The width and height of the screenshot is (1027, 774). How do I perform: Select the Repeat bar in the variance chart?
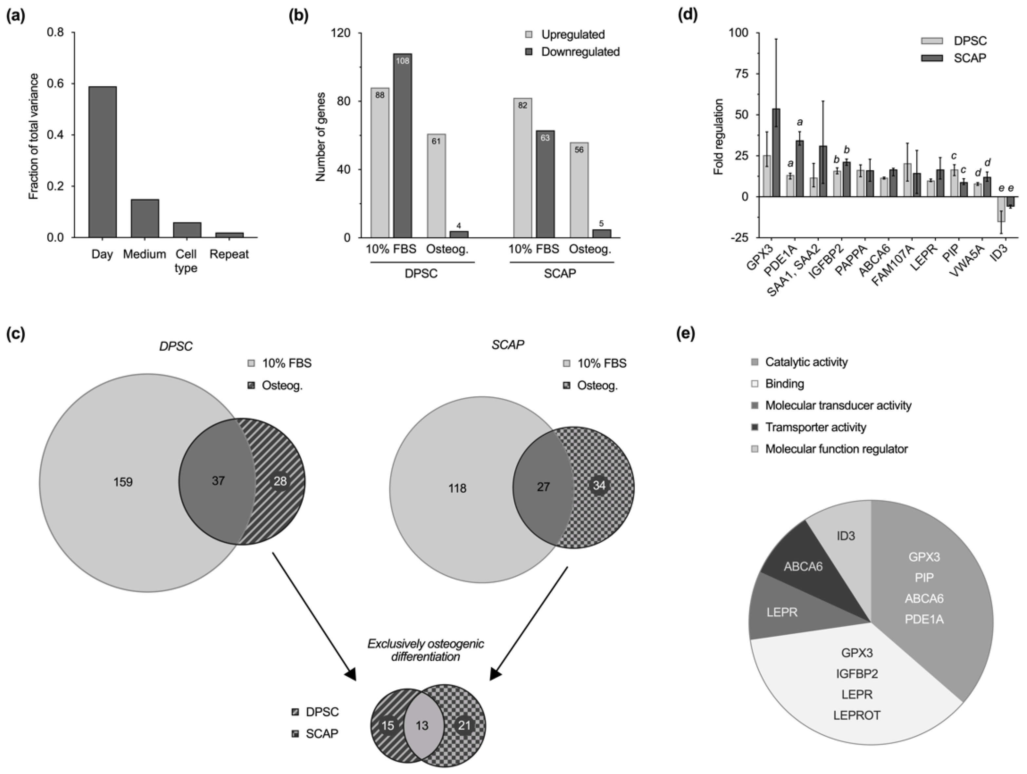[x=229, y=235]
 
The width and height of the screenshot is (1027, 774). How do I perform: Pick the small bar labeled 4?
[x=459, y=234]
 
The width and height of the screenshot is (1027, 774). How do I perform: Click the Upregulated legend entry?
[x=572, y=35]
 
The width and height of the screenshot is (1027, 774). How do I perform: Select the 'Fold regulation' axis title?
[x=719, y=136]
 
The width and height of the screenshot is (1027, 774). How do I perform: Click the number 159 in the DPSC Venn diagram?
[x=123, y=482]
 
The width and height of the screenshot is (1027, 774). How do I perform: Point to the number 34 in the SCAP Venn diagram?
[x=599, y=485]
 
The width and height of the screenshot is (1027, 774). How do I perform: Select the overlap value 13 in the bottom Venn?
[x=422, y=725]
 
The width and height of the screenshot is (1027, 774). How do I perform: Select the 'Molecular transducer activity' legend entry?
[x=838, y=406]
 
